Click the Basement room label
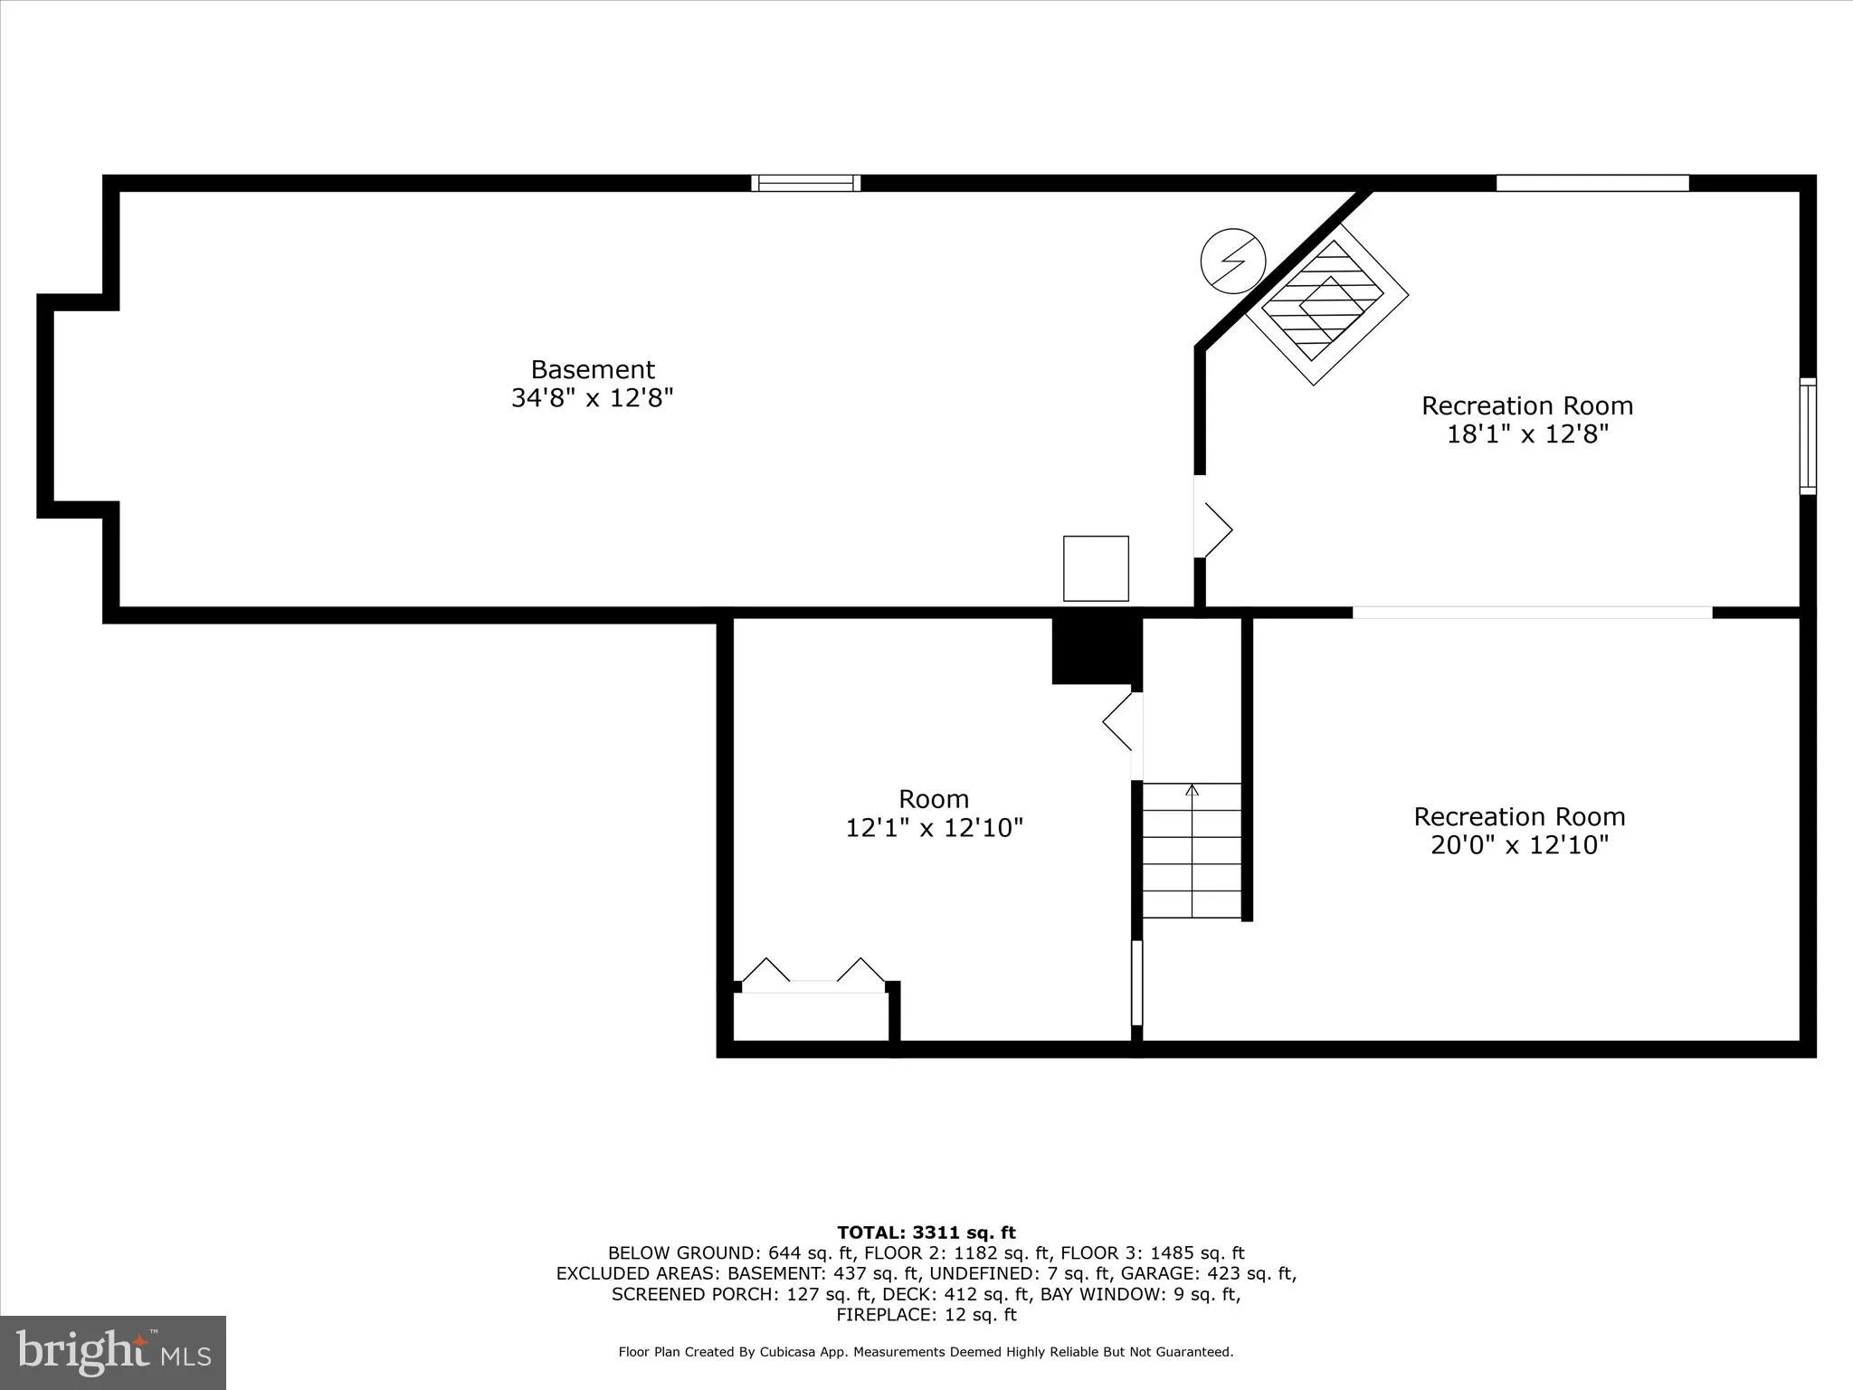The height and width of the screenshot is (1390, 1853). [x=593, y=369]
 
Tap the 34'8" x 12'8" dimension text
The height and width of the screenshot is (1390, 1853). [x=593, y=398]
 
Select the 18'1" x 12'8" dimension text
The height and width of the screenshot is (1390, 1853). [x=1527, y=434]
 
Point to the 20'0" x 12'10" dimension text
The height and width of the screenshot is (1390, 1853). [x=1520, y=845]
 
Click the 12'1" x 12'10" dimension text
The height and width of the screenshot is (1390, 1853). [x=934, y=828]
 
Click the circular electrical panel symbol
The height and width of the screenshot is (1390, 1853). [x=1232, y=262]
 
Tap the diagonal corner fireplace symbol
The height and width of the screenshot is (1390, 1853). [x=1326, y=303]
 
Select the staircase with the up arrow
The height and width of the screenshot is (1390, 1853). [x=1192, y=851]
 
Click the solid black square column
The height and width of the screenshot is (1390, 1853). [x=1096, y=651]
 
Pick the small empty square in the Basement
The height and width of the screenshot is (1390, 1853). [x=1096, y=568]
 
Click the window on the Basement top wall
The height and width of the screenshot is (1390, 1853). [x=805, y=183]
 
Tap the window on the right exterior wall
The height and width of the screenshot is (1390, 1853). [x=1807, y=436]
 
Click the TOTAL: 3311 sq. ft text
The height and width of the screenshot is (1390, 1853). [x=926, y=1233]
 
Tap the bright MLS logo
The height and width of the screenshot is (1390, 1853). [x=113, y=1352]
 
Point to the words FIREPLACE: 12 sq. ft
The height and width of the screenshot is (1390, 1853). [x=926, y=1315]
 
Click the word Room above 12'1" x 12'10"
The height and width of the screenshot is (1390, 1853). [x=934, y=799]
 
